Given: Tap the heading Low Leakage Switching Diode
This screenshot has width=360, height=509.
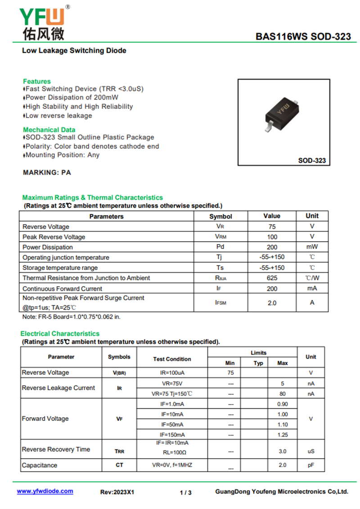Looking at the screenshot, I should (x=74, y=50).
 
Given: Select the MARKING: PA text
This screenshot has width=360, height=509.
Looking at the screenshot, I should (x=47, y=172).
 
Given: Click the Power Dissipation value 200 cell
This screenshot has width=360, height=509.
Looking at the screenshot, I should (x=272, y=247).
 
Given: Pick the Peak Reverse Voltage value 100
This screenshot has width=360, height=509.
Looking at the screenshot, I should (x=272, y=237).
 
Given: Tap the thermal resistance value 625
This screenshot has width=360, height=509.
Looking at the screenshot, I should (x=272, y=278).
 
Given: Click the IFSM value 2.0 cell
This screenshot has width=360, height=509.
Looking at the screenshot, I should (x=272, y=303).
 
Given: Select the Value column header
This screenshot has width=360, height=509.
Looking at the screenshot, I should (x=272, y=216).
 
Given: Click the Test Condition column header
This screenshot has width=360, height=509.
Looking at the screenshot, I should (x=172, y=359).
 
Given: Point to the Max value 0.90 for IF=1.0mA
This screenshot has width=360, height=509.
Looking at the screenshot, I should (x=283, y=404).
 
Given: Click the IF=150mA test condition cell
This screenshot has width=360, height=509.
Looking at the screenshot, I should (x=172, y=435).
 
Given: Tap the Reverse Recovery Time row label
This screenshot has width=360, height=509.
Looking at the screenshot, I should (x=56, y=450).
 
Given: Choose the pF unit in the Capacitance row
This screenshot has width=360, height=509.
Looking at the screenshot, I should (x=311, y=465).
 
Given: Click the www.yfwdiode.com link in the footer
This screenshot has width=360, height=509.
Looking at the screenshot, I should (x=45, y=491).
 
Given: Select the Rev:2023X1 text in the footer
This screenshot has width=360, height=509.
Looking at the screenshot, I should (x=117, y=492).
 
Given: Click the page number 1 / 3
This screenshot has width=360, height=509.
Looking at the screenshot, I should (x=185, y=492).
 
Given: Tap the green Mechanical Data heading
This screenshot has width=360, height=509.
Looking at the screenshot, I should (x=49, y=130).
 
